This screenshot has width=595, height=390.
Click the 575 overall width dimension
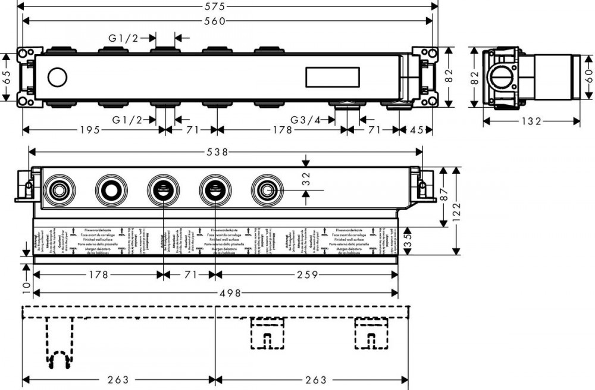click(227, 7)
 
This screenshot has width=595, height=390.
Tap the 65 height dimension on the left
click(7, 77)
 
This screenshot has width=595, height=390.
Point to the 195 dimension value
click(88, 130)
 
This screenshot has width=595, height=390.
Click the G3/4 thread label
click(305, 120)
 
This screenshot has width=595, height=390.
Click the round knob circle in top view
click(57, 77)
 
